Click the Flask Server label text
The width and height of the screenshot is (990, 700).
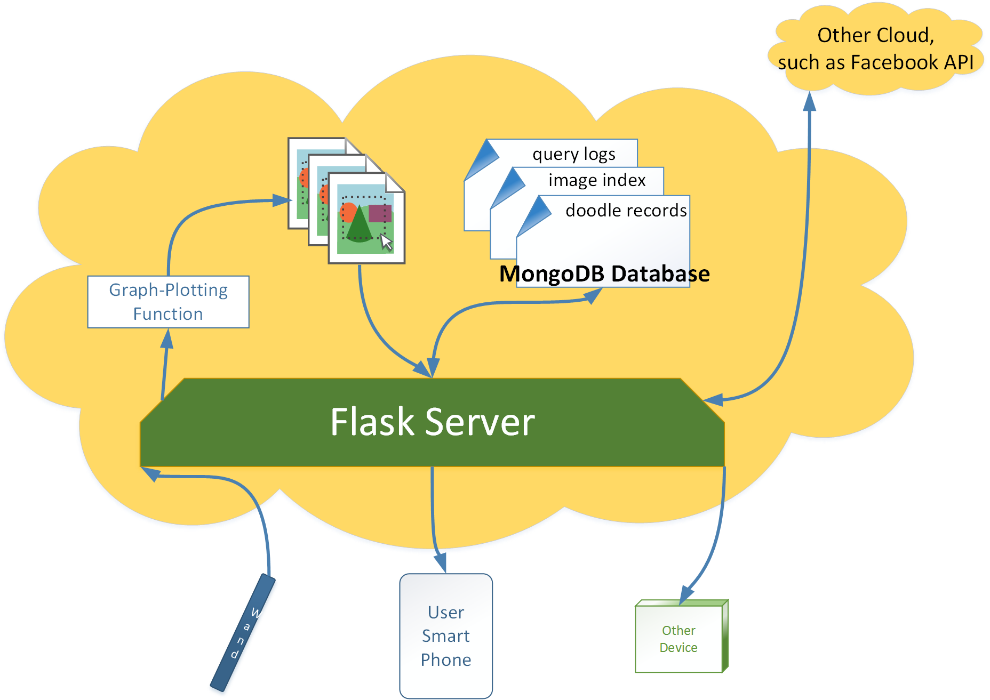coord(432,422)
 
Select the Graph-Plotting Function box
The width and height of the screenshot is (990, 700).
coord(168,302)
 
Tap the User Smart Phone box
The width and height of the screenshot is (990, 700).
coord(446,636)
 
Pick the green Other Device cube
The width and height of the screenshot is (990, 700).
coord(682,636)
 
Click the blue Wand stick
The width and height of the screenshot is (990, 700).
coord(243,632)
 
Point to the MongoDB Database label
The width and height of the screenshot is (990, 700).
coord(604,273)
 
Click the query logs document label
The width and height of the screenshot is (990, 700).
coord(574,154)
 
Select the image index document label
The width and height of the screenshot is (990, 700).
coord(597,180)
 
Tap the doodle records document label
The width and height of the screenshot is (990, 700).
coord(626,211)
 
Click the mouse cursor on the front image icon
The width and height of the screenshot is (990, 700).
coord(387,243)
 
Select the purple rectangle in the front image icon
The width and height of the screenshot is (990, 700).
coord(380,213)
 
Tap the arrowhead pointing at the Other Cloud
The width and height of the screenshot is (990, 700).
coord(810,101)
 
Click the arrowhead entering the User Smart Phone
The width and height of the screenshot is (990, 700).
coord(440,563)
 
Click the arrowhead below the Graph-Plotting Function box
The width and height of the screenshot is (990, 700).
coord(167,339)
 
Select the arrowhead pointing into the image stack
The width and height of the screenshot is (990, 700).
coord(282,200)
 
